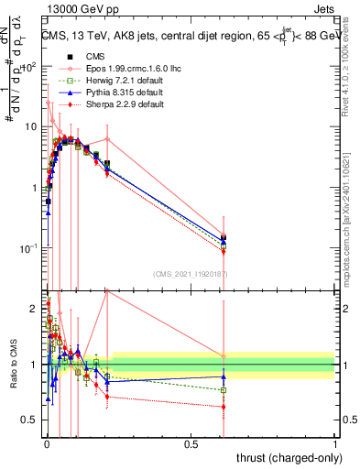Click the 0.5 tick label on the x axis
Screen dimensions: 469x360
point(191,444)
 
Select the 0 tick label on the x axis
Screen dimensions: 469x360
point(46,444)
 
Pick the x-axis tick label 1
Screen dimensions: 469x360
point(335,444)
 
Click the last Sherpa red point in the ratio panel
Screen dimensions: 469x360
point(224,406)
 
